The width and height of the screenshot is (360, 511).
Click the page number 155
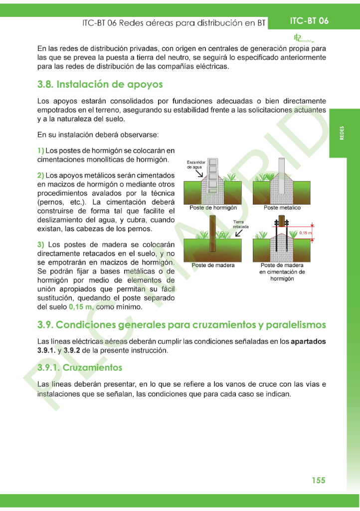tap(318, 480)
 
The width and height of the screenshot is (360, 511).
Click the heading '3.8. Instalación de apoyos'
tap(100, 84)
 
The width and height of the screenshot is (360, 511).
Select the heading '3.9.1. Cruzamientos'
tap(80, 368)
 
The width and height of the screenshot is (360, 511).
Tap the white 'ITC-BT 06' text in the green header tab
tap(309, 21)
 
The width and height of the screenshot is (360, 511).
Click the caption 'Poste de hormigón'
tap(213, 208)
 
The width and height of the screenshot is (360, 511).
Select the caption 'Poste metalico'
tap(282, 208)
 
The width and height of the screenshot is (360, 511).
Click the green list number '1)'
tap(41, 151)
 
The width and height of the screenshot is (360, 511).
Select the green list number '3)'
tap(41, 245)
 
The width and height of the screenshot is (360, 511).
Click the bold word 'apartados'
tap(308, 342)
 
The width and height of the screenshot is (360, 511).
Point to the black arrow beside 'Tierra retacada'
tap(240, 233)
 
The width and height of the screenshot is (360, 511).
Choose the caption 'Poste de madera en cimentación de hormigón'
tap(282, 272)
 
